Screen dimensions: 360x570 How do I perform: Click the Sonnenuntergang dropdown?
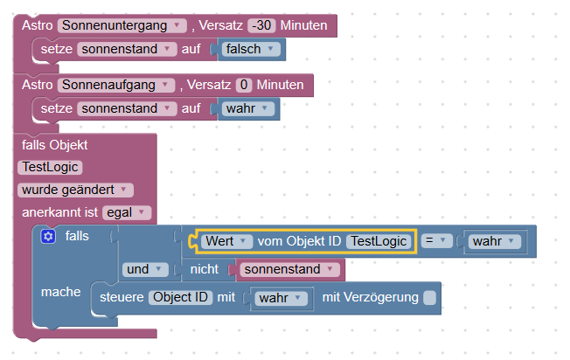click(x=123, y=26)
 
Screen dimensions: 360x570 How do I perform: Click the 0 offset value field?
click(x=244, y=85)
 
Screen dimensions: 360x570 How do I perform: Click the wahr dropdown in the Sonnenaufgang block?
click(x=248, y=108)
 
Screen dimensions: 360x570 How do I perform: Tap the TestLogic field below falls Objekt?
click(x=49, y=166)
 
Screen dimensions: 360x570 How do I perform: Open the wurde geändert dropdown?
click(x=75, y=189)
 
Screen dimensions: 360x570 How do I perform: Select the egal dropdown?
click(x=127, y=211)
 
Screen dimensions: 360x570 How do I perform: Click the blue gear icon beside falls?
click(x=48, y=236)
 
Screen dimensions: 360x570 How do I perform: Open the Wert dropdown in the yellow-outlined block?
click(x=226, y=240)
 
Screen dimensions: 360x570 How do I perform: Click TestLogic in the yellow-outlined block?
click(x=379, y=240)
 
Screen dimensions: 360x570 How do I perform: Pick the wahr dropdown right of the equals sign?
click(x=494, y=240)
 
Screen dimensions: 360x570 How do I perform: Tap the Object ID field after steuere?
click(x=180, y=298)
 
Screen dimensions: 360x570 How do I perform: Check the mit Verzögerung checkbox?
click(x=429, y=298)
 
